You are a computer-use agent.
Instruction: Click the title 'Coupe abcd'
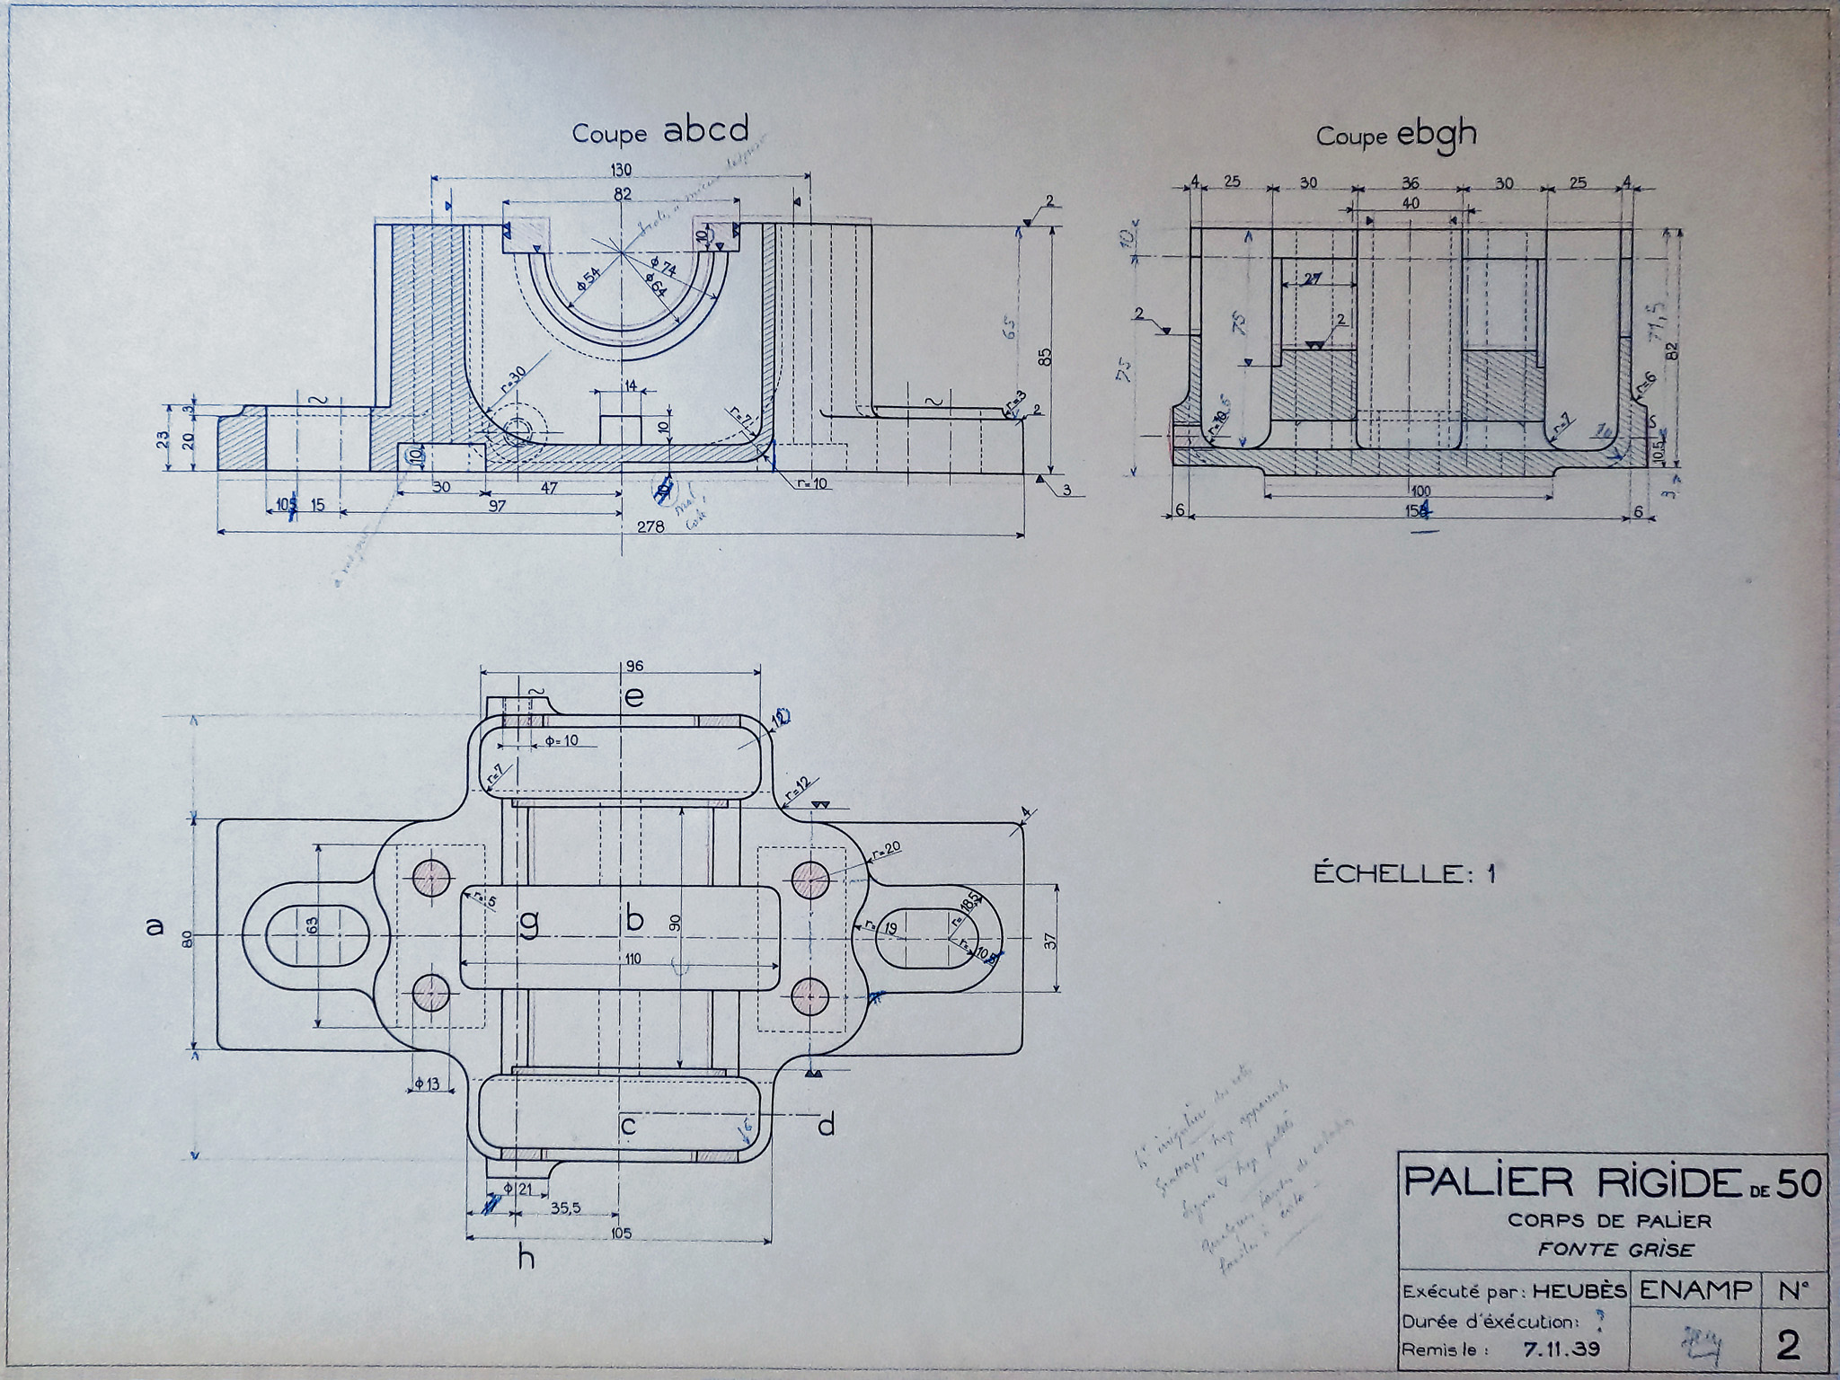point(660,132)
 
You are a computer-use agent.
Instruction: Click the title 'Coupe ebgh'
point(1396,135)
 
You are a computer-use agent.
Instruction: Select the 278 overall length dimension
point(650,526)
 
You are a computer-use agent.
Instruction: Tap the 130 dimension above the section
point(621,170)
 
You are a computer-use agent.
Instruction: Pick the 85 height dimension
point(1045,357)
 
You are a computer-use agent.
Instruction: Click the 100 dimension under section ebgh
point(1420,491)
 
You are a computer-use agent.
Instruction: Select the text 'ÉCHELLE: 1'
point(1404,873)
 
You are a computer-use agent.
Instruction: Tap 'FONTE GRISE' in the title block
point(1614,1249)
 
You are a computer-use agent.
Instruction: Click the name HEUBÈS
point(1579,1291)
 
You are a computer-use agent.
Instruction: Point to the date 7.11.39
point(1561,1349)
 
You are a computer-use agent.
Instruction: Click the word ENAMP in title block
point(1695,1290)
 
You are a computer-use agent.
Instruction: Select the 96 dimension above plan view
point(634,667)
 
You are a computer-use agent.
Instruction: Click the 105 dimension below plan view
point(621,1233)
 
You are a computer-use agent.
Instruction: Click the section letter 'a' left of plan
point(155,925)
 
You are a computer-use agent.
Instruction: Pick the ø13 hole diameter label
point(428,1084)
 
